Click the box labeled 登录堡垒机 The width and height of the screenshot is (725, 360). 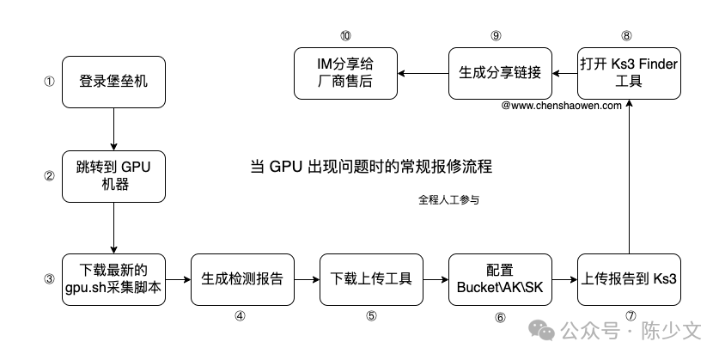point(114,82)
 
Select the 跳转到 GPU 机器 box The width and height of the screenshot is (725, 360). point(114,176)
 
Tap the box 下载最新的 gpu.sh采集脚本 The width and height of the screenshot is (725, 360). point(114,278)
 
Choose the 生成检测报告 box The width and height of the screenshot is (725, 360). point(242,278)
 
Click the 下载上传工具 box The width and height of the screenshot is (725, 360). point(371,278)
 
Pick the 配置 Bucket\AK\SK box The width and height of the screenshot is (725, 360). point(500,278)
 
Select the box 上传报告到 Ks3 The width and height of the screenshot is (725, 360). point(630,278)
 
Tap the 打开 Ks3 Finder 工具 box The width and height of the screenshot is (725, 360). point(630,72)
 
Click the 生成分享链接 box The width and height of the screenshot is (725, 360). point(500,72)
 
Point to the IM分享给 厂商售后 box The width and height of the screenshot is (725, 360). point(344,72)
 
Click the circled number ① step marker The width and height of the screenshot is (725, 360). point(49,82)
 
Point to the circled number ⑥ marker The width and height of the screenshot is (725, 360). point(500,316)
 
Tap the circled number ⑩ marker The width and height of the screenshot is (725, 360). point(344,35)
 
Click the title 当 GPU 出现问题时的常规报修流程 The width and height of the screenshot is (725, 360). point(370,166)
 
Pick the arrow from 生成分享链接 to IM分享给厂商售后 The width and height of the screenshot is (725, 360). point(423,72)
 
